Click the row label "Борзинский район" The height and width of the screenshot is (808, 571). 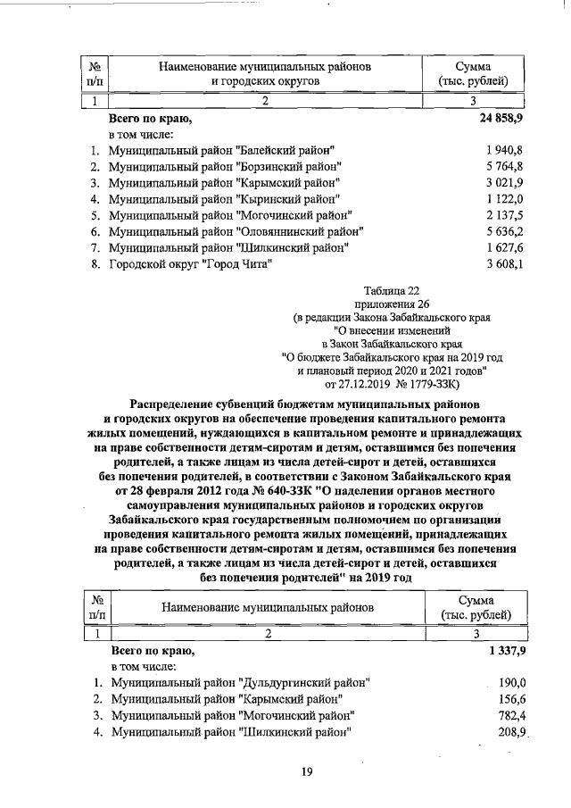[224, 166]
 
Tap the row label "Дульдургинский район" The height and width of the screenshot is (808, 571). [240, 683]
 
